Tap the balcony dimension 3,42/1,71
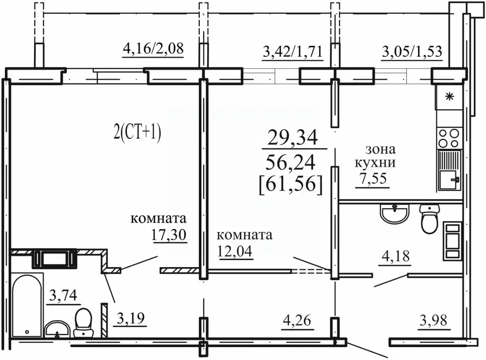pyautogui.click(x=292, y=51)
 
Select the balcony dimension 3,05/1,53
pyautogui.click(x=412, y=51)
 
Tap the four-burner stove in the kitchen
pyautogui.click(x=449, y=138)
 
